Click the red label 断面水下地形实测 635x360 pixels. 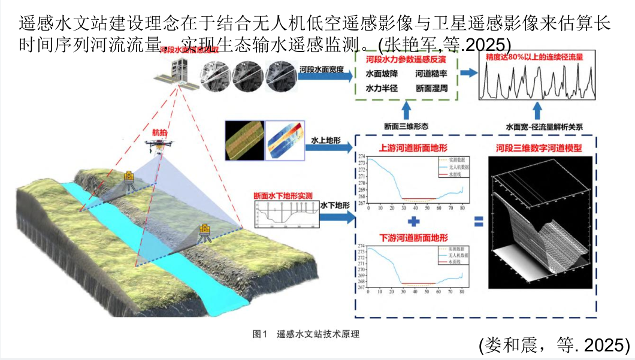pyautogui.click(x=283, y=195)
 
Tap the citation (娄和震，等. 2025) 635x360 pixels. pyautogui.click(x=554, y=344)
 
